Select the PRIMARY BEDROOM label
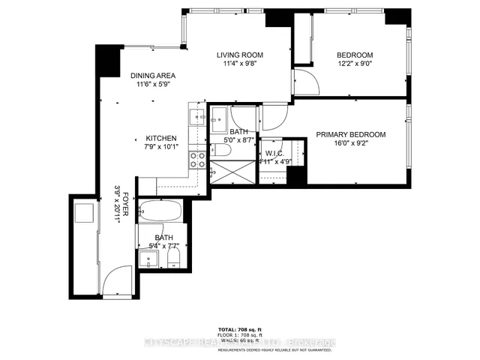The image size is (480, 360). pyautogui.click(x=350, y=135)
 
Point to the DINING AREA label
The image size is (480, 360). pyautogui.click(x=152, y=76)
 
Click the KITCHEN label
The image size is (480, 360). pyautogui.click(x=160, y=139)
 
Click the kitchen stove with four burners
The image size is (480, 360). pyautogui.click(x=198, y=159)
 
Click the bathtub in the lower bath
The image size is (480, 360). pyautogui.click(x=160, y=213)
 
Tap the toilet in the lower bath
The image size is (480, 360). pyautogui.click(x=174, y=259)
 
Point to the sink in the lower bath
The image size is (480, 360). pyautogui.click(x=149, y=259)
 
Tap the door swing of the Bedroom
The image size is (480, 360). pyautogui.click(x=300, y=80)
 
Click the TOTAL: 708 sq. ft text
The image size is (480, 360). pyautogui.click(x=240, y=330)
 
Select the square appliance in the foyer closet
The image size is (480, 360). pyautogui.click(x=82, y=214)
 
